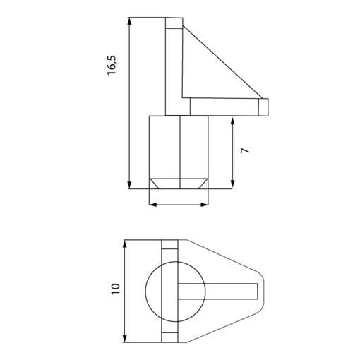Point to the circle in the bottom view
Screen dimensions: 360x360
coord(157,289)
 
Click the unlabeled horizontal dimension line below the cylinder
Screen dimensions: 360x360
coord(179,205)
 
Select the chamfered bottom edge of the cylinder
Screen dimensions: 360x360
coord(179,183)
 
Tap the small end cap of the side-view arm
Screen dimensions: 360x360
coord(264,106)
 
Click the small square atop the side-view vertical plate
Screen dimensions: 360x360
coord(174,23)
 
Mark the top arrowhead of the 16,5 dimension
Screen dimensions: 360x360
coord(129,22)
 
